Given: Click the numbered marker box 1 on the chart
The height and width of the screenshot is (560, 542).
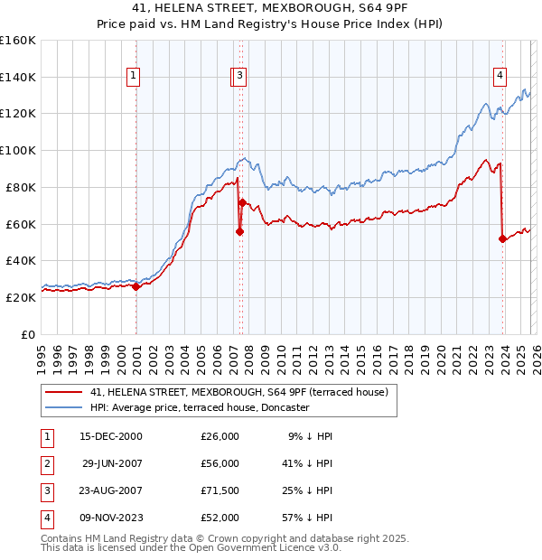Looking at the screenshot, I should (133, 77).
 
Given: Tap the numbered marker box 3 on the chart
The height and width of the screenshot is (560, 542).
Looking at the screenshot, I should (240, 77).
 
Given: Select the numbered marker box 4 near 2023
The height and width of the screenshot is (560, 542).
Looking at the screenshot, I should (500, 77).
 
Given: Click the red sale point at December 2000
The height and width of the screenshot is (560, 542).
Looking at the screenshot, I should (135, 286).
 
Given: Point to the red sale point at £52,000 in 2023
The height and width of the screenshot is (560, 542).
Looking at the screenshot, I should (502, 238).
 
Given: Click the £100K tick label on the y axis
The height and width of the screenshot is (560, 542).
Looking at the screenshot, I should (18, 150).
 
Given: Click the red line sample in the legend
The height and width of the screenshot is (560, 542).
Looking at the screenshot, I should (63, 392).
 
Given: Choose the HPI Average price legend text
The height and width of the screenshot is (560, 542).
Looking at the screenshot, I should (199, 407).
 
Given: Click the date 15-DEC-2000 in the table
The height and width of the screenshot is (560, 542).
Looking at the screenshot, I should (111, 436).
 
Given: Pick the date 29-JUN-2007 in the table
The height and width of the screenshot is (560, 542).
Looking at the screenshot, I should (112, 463).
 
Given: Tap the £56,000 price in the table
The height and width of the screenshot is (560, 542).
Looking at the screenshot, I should (220, 463).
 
